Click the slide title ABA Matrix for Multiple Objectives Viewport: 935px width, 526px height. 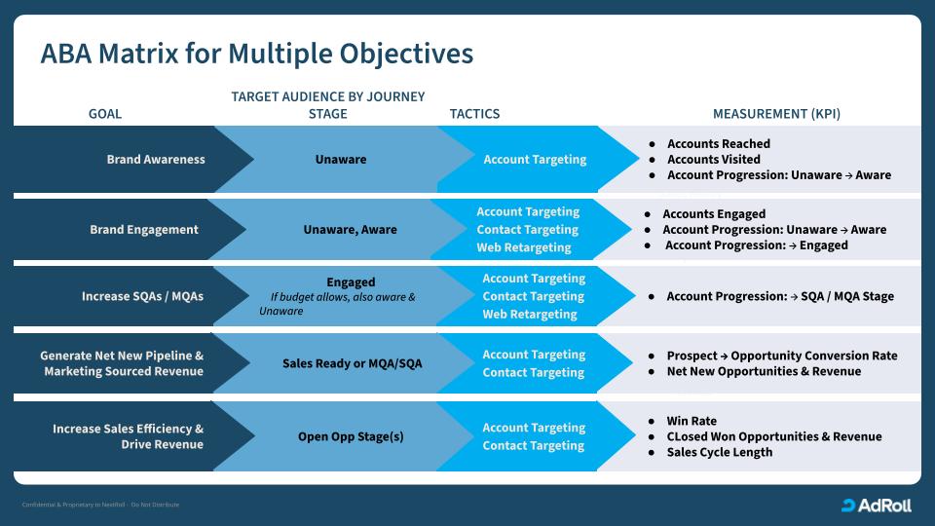(x=257, y=54)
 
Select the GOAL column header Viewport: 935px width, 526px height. (x=105, y=114)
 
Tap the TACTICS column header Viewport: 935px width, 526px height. (x=474, y=114)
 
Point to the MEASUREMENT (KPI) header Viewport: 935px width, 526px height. (x=776, y=114)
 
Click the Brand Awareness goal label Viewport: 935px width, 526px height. (x=156, y=160)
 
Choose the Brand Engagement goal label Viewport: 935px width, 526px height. (x=144, y=230)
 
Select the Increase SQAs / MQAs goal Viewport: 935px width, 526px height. (x=142, y=296)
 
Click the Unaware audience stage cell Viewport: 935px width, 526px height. (x=341, y=160)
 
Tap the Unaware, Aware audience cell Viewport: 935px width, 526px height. (x=350, y=230)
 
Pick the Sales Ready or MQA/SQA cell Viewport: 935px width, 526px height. (x=353, y=363)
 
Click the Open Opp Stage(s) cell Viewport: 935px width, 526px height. (x=351, y=436)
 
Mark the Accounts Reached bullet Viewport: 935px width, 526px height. (x=718, y=144)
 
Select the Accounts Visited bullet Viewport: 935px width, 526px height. (x=713, y=160)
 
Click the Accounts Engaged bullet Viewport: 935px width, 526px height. (x=714, y=214)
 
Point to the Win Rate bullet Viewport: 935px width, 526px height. (x=692, y=421)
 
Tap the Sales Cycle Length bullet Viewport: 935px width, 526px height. (x=719, y=452)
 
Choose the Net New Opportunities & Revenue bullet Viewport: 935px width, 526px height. (x=764, y=371)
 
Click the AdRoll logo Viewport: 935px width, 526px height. (x=877, y=505)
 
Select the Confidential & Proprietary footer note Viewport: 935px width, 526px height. (x=100, y=505)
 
